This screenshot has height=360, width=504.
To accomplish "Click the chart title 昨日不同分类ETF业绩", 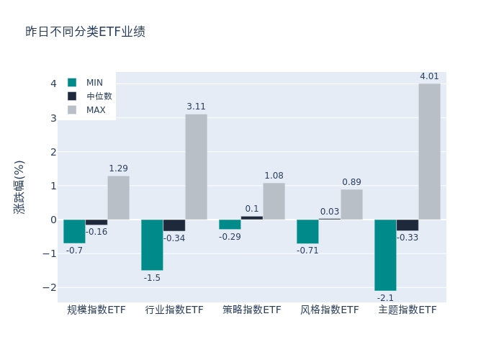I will coord(85,32).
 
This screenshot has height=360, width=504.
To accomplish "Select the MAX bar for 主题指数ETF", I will coord(429,151).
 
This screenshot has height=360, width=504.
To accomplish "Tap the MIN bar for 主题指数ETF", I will coord(385,255).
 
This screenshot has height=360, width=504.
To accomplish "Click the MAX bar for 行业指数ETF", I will coord(196,167).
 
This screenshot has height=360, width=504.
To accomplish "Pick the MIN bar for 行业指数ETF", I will coord(152,245).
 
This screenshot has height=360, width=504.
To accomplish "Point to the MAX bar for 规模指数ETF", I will coord(118,198).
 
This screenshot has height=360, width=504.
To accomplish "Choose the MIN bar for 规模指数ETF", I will coord(74,231).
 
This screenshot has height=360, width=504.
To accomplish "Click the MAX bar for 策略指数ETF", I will coord(274,202).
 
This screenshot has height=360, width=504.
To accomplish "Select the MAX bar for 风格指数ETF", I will coord(351,204).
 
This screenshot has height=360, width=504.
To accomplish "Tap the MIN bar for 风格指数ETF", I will coord(307,231).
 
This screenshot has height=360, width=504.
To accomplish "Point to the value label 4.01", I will coord(429,76).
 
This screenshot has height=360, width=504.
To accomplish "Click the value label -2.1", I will coord(385,297).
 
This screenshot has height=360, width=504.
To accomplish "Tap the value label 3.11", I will coord(196,107).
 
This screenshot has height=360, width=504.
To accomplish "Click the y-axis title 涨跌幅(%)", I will coord(19,186).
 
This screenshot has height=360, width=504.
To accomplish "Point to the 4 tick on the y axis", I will coord(53,84).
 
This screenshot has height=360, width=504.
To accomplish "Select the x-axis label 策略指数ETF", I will coord(252,310).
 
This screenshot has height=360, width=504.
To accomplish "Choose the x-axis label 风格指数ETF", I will coord(330,310).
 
